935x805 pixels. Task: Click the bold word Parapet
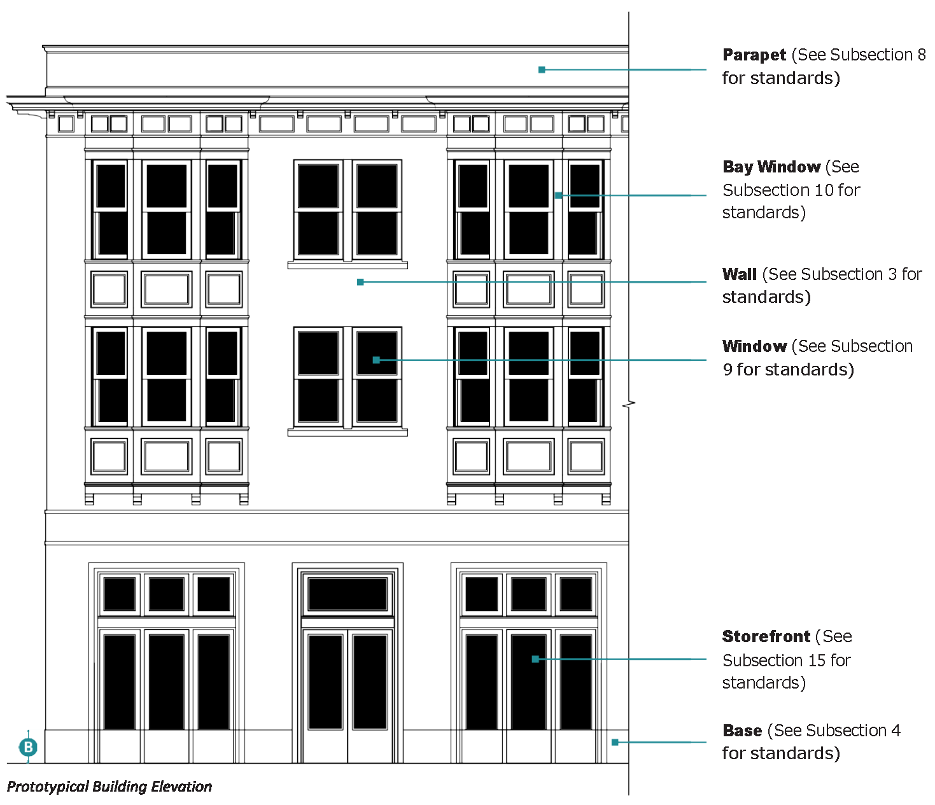click(754, 55)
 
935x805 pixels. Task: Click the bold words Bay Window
click(771, 167)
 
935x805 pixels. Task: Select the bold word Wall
click(739, 274)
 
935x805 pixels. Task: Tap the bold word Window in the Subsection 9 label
click(754, 346)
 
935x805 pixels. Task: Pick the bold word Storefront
click(766, 636)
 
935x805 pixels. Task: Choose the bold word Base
click(742, 731)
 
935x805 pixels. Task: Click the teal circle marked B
click(28, 747)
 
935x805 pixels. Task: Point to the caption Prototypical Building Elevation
click(109, 787)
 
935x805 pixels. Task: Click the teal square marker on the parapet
click(542, 69)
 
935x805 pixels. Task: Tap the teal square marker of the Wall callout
click(360, 282)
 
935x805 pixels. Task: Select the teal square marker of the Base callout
click(615, 742)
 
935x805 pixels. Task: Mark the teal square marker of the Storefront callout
click(535, 659)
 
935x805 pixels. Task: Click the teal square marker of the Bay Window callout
click(559, 195)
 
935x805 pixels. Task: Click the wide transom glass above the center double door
click(348, 594)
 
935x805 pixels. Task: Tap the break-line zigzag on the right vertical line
click(629, 404)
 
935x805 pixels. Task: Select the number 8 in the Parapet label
click(921, 55)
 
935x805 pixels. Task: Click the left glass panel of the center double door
click(325, 682)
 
